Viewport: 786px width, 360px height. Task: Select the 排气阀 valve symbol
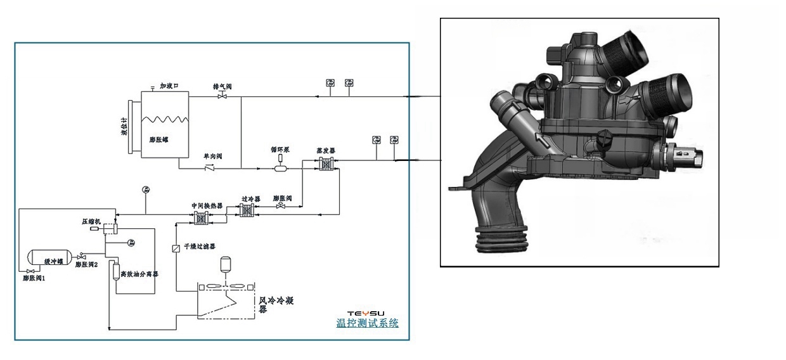[x=222, y=96]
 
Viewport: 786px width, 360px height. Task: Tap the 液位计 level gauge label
[x=125, y=126]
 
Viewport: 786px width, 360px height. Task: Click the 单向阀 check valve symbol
[x=209, y=169]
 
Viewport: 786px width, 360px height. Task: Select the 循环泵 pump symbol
[x=280, y=168]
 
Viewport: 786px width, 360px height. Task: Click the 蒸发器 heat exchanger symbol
[x=326, y=165]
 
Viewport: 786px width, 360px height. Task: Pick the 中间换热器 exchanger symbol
[x=202, y=217]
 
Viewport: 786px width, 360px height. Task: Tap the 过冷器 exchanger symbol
[x=247, y=215]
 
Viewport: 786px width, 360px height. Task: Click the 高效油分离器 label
[x=139, y=274]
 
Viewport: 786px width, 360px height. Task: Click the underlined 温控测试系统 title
[x=368, y=323]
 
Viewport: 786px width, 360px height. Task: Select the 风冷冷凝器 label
[x=279, y=304]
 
